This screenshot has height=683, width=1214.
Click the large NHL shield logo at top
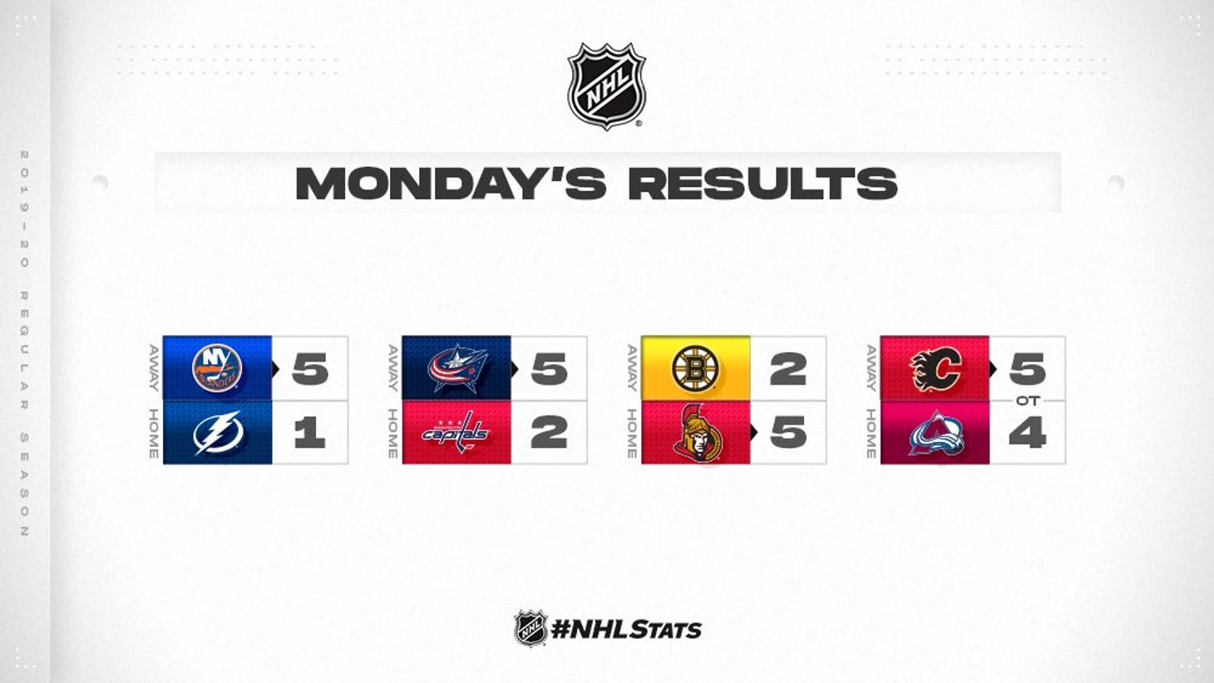click(606, 86)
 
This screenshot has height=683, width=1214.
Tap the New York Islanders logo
click(217, 368)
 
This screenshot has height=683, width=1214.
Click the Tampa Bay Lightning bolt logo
click(217, 433)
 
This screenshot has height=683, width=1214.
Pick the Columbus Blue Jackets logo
click(456, 368)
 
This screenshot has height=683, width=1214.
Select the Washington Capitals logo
click(456, 432)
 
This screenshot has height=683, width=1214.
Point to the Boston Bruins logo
click(695, 369)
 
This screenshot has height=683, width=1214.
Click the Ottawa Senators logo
click(698, 433)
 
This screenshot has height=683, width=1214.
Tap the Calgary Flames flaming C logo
click(935, 369)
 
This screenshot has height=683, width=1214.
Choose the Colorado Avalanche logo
click(936, 433)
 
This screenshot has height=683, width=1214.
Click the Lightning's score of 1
click(309, 433)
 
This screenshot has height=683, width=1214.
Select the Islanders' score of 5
click(310, 370)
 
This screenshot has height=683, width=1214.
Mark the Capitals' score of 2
click(549, 433)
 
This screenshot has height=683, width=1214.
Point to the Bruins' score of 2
click(788, 370)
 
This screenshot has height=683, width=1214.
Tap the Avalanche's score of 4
click(1028, 433)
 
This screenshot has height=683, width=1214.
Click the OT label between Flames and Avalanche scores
click(1028, 401)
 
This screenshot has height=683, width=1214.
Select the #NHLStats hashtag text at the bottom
click(626, 630)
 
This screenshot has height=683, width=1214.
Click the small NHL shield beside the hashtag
click(530, 628)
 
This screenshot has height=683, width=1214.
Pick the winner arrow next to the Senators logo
click(754, 432)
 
